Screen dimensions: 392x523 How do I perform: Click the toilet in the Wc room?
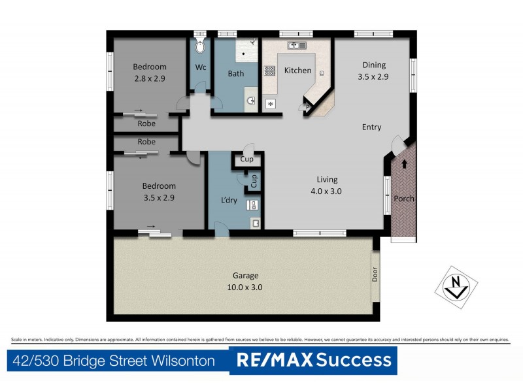201,44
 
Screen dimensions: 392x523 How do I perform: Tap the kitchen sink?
297,45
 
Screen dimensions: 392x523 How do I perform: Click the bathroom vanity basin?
252,101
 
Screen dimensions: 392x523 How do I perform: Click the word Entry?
371,127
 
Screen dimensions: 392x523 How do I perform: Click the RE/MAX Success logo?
313,360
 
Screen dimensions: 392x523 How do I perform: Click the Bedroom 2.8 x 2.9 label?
150,72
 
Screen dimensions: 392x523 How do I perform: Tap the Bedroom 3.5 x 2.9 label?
158,191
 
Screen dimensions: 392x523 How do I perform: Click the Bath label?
235,74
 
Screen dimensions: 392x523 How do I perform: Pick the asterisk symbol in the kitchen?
271,104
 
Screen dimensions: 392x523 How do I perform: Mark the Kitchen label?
297,71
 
